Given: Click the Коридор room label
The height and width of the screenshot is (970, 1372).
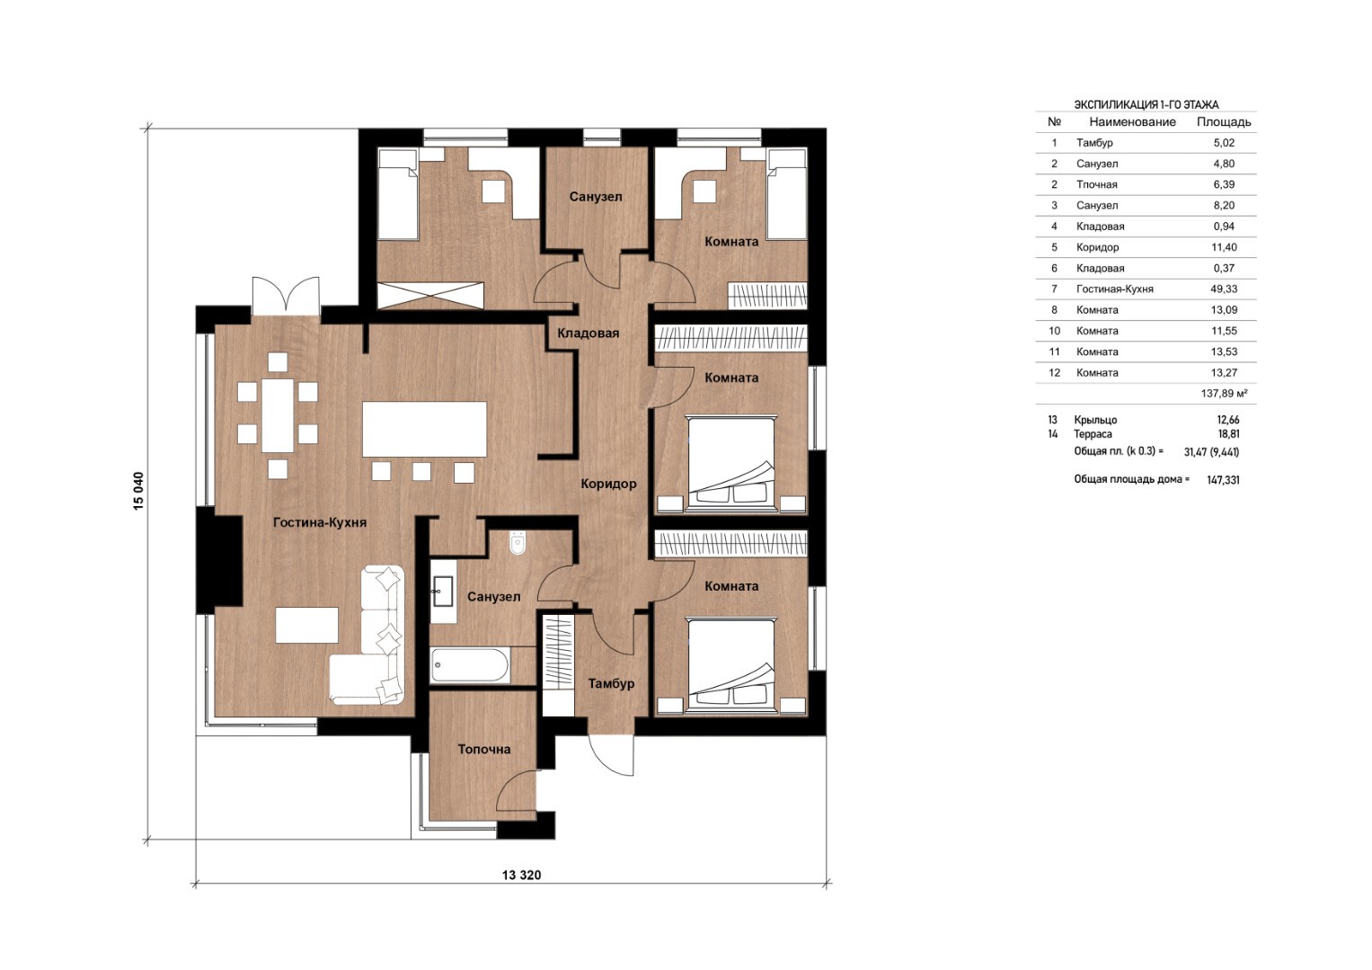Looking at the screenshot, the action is tap(608, 484).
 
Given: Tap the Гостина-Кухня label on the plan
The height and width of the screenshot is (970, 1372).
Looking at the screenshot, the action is tap(320, 522).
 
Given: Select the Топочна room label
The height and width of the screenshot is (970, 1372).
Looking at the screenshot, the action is tap(484, 749).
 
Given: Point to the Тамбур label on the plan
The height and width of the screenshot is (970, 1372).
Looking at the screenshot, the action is tap(611, 684).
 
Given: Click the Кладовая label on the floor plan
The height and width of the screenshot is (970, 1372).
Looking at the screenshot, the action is tap(588, 334).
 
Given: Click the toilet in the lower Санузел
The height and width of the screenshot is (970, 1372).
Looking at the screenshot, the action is tap(518, 543).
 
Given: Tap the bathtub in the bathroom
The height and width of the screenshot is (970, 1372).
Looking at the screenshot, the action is tap(470, 665).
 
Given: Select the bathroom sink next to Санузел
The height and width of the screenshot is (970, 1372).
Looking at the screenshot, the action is tap(443, 592).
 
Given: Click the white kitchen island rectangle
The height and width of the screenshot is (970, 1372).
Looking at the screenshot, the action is tap(424, 429).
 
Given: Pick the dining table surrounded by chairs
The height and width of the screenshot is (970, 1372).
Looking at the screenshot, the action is tap(278, 415).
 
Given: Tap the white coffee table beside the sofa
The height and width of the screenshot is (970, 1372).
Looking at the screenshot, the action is tap(307, 625).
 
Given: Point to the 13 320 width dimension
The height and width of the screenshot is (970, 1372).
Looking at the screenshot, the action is tap(521, 875).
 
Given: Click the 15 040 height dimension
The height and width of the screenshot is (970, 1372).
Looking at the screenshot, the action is tap(139, 491).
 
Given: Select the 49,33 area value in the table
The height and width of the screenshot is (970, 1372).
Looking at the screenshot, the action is tap(1224, 289).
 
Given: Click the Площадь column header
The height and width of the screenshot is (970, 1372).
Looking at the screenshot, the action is tap(1224, 122).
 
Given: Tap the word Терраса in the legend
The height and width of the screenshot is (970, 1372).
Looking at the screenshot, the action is tap(1093, 434).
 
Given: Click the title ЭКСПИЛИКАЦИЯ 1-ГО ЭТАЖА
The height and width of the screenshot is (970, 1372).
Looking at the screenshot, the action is tap(1146, 105).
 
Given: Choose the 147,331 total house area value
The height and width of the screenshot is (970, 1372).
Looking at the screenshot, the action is tap(1223, 480).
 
